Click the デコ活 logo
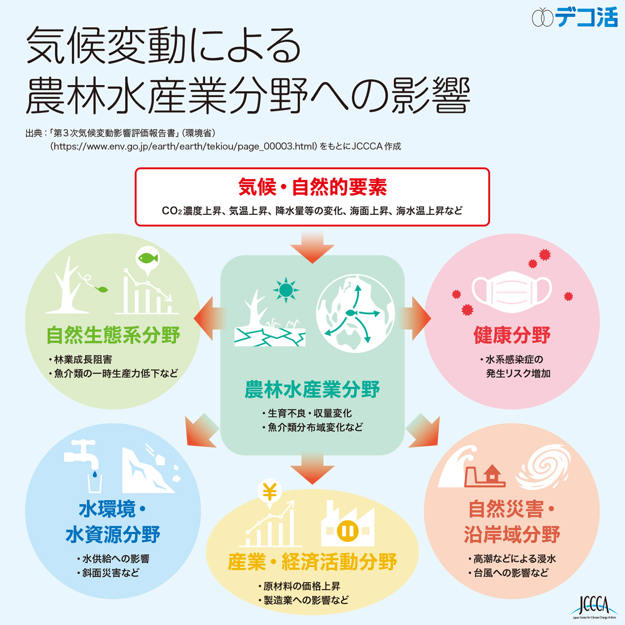point(575,17)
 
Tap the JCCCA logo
point(594,607)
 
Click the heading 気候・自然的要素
point(312,187)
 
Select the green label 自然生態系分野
point(113,335)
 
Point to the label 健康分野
point(512,335)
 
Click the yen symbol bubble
point(269,493)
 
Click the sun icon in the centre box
point(286,290)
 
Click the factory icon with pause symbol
point(347,525)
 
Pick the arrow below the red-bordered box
point(312,248)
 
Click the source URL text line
point(225,146)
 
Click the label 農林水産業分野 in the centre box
point(312,390)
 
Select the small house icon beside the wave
point(492,475)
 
